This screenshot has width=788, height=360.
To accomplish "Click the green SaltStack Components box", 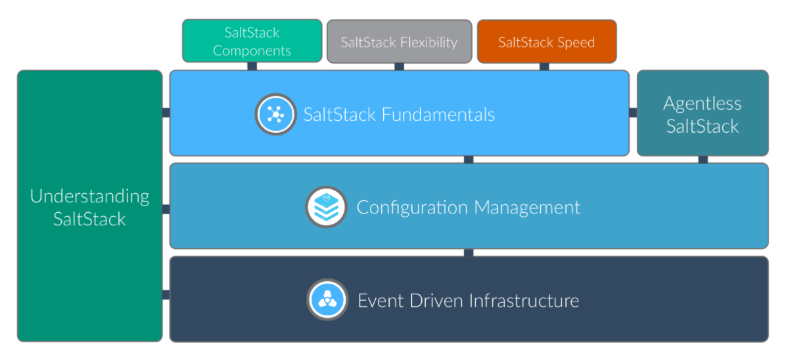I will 252,41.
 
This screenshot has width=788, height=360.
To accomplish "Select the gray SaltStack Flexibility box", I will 399,41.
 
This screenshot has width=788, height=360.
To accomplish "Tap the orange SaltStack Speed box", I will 546,41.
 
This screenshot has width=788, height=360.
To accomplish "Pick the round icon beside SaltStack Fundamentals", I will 275,114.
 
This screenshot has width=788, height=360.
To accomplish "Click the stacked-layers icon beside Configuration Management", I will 326,207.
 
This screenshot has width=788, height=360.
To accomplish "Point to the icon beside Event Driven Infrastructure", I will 327,300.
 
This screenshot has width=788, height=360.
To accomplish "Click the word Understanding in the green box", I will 89,196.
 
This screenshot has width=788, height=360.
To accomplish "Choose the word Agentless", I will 702,103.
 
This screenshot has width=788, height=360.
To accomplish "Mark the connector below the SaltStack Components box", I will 252,66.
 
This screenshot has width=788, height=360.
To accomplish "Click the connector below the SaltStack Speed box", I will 544,66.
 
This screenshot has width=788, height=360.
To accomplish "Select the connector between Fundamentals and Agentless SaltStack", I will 633,113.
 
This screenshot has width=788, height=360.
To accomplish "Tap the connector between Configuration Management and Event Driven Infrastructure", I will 468,252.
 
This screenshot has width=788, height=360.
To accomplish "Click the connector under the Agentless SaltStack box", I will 702,160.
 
